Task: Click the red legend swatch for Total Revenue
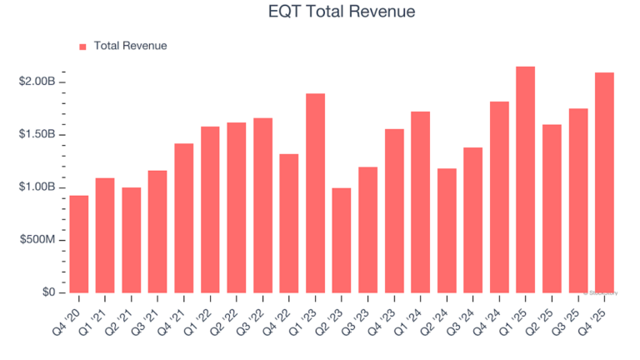pyautogui.click(x=82, y=46)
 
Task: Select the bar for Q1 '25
pyautogui.click(x=525, y=179)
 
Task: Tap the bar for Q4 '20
pyautogui.click(x=79, y=244)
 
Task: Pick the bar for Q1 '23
pyautogui.click(x=315, y=192)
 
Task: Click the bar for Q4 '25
pyautogui.click(x=604, y=182)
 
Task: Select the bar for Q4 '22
pyautogui.click(x=289, y=223)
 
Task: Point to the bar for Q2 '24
pyautogui.click(x=447, y=231)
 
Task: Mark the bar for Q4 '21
pyautogui.click(x=184, y=217)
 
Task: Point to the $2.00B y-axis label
pyautogui.click(x=37, y=82)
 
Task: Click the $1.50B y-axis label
pyautogui.click(x=37, y=134)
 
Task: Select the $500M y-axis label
pyautogui.click(x=38, y=240)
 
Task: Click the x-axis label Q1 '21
pyautogui.click(x=99, y=316)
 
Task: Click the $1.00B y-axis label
pyautogui.click(x=37, y=187)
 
